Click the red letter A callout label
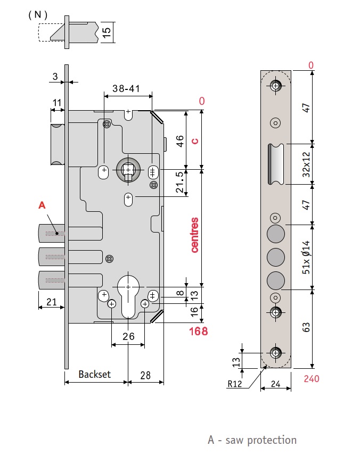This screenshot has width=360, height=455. coord(42,205)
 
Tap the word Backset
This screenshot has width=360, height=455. coord(95,374)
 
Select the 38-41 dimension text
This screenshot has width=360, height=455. coord(126,88)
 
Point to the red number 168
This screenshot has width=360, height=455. coord(198,331)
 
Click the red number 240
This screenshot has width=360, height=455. coord(312,379)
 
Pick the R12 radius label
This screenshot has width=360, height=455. coord(234,384)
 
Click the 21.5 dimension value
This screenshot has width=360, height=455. coord(180,182)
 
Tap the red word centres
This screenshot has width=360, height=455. coord(194,235)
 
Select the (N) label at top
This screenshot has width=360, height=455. coord(38,15)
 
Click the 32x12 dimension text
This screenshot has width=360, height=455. coord(306,164)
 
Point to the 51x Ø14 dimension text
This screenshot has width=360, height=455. coord(306,257)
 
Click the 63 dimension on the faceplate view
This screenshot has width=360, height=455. coord(306,327)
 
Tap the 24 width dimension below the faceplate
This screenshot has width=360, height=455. coord(275,384)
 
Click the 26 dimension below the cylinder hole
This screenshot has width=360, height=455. coord(128,336)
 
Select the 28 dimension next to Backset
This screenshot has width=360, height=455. coord(145,375)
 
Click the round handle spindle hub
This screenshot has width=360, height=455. coord(128,169)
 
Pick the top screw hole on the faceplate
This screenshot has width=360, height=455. coord(275,86)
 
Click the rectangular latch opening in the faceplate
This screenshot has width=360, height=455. coord(275,164)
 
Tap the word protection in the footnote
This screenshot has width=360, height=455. coord(272,440)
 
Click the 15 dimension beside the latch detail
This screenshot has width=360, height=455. coord(107,32)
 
